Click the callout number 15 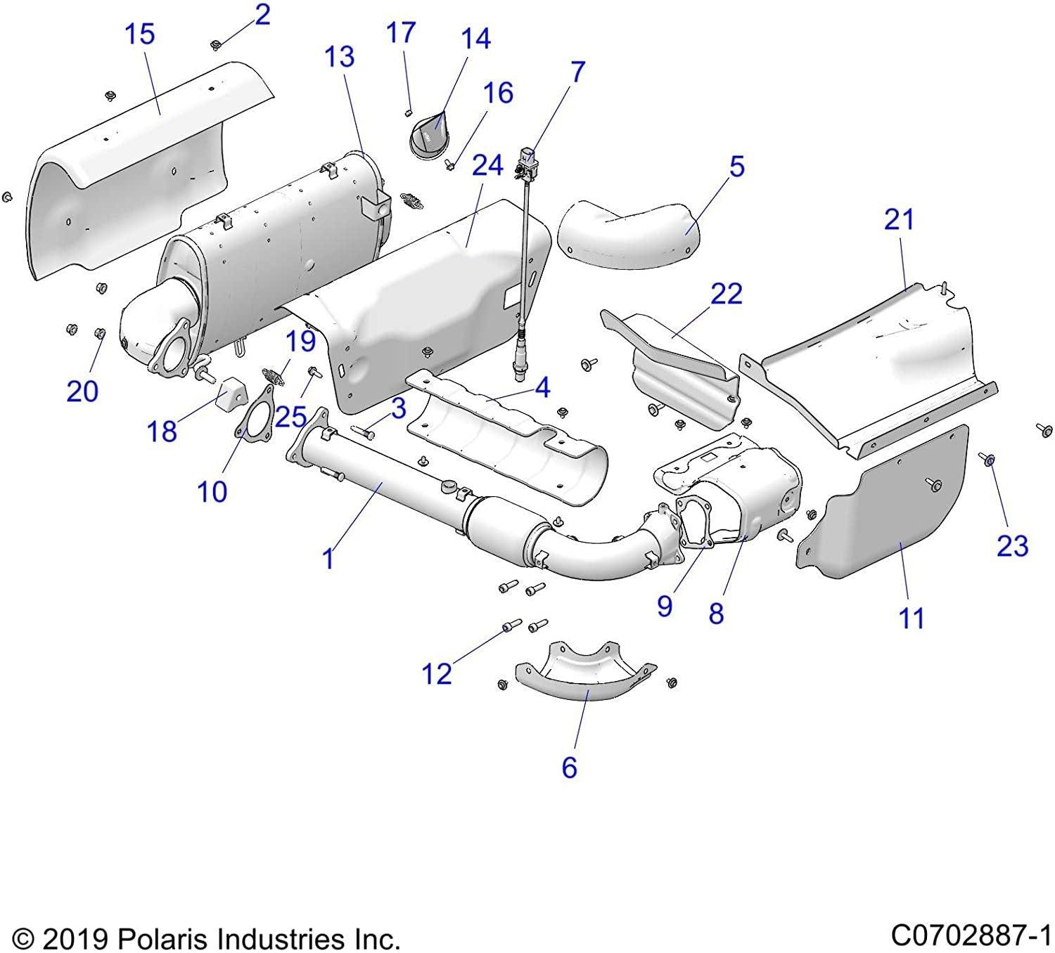tap(139, 34)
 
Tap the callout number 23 tap(1012, 545)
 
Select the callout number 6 tap(569, 767)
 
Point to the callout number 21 tap(899, 220)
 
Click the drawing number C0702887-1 tap(971, 936)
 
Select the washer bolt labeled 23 tap(988, 460)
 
